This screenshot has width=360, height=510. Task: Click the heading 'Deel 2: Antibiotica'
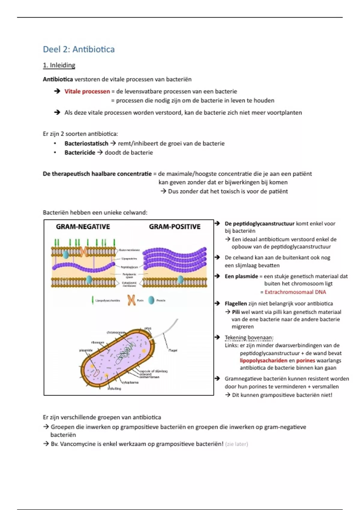[79, 49]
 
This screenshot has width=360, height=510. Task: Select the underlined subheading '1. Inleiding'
[59, 65]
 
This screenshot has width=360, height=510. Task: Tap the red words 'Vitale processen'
[87, 91]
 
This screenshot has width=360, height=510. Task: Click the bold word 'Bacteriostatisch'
[86, 143]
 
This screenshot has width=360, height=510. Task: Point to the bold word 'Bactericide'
[79, 152]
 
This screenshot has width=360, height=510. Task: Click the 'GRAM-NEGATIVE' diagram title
[83, 227]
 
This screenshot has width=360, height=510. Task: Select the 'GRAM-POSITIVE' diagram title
[175, 227]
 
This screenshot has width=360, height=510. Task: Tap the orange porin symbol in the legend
[131, 300]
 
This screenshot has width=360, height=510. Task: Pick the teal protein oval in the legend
[151, 300]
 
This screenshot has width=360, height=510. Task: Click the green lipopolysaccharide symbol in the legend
[92, 300]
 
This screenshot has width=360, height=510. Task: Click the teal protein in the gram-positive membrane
[180, 280]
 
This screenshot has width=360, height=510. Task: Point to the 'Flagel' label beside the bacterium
[173, 350]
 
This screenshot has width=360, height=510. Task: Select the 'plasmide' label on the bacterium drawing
[86, 350]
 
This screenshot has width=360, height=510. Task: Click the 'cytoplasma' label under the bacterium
[130, 382]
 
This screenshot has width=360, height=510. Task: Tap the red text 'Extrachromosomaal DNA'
[295, 292]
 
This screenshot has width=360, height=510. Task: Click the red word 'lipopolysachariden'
[263, 361]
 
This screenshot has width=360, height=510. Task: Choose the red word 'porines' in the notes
[305, 361]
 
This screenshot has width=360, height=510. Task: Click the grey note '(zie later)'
[236, 444]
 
